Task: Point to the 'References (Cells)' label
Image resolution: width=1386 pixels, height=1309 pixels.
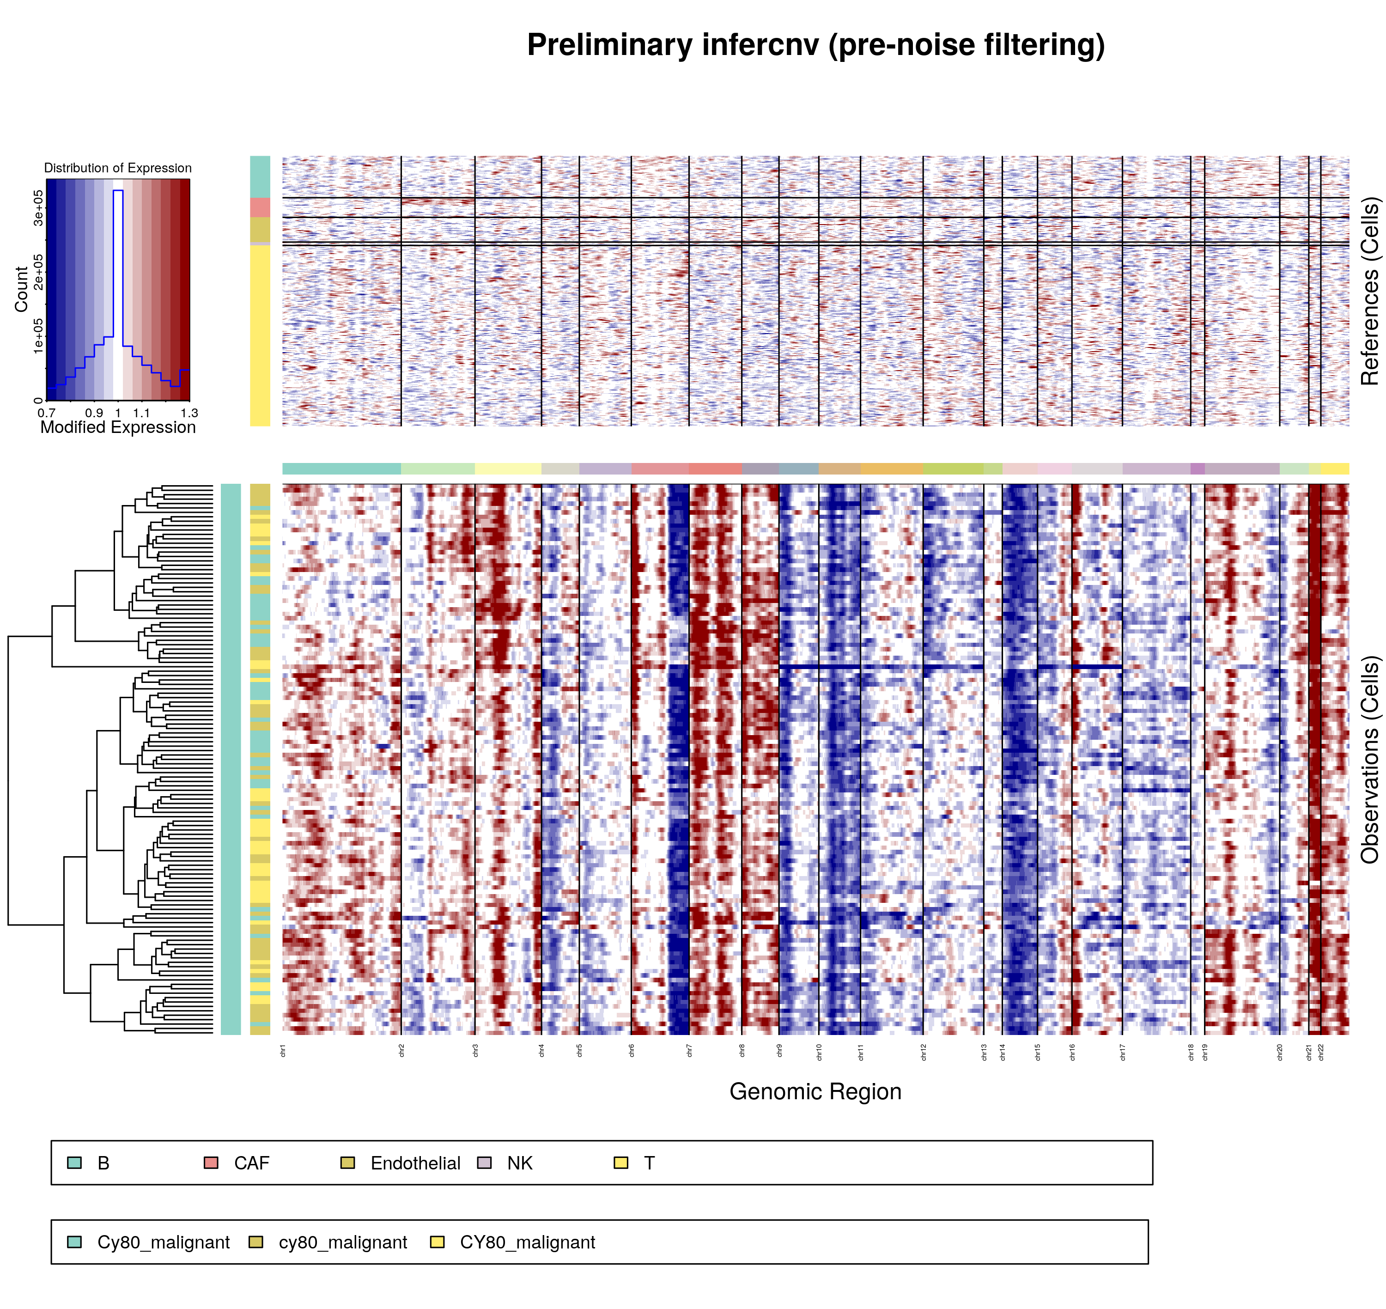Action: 1370,291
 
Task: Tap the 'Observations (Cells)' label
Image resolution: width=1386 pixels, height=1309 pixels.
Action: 1370,759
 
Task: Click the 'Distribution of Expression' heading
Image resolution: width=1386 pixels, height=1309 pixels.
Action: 118,168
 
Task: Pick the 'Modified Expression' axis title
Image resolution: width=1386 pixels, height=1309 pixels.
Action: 118,427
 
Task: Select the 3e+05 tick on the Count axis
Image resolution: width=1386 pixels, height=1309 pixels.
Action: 38,207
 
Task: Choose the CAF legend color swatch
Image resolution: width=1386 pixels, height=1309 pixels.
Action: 211,1163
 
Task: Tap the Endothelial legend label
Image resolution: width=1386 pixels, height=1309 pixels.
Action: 415,1163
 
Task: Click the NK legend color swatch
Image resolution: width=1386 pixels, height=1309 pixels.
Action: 484,1163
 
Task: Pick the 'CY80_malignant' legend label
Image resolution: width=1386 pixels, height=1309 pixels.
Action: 527,1243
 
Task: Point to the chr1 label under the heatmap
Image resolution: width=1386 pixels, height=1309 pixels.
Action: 283,1051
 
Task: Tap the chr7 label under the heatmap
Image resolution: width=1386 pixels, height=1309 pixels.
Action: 689,1051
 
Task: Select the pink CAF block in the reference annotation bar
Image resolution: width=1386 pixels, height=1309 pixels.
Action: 260,207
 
